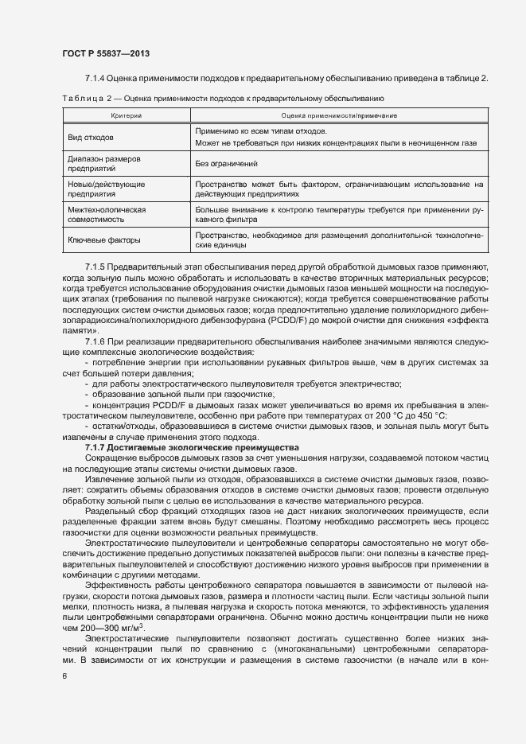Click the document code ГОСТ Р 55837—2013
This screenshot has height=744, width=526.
tap(105, 53)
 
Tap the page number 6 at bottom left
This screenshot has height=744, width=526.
tap(64, 676)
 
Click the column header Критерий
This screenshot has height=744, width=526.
tap(125, 116)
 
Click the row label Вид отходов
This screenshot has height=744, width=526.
tap(90, 137)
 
